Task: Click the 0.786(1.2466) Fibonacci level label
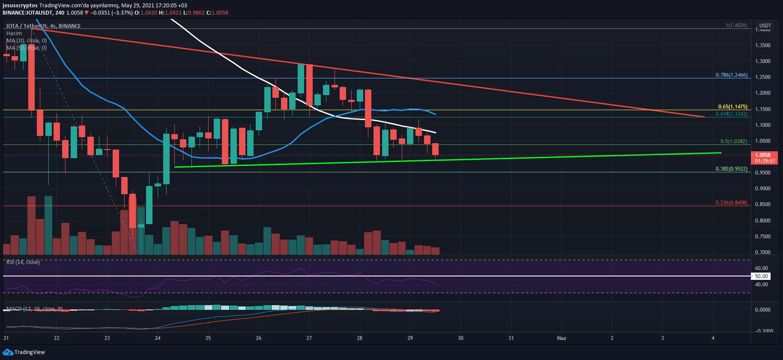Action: point(732,75)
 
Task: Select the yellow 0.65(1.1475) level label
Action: point(732,107)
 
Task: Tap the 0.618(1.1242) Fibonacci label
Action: point(732,114)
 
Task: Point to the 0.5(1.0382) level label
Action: point(733,141)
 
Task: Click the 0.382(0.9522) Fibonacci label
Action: point(732,169)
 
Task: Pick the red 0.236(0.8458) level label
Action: point(732,203)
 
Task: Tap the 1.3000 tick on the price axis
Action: point(763,61)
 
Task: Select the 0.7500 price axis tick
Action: point(763,237)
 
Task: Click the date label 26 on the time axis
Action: point(259,338)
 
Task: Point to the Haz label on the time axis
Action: point(561,338)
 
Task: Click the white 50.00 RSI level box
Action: point(761,276)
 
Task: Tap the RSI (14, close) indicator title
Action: point(23,262)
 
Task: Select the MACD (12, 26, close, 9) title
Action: point(34,309)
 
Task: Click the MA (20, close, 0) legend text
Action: point(27,41)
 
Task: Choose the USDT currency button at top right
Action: point(765,26)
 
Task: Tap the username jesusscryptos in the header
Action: point(20,6)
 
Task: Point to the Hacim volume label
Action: point(14,33)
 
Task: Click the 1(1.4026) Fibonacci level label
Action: point(736,25)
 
